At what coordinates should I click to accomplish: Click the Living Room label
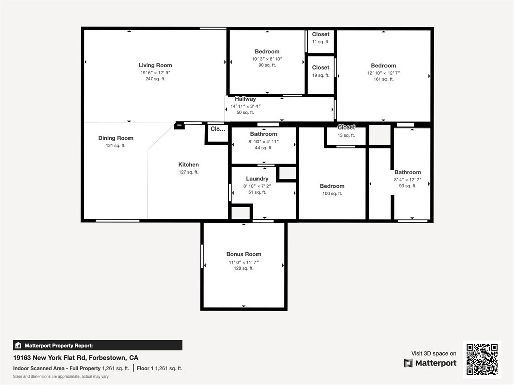coord(155,65)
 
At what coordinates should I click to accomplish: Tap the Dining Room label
coord(116,138)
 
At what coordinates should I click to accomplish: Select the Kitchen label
coord(189,164)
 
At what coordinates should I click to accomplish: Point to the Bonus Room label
coord(243,254)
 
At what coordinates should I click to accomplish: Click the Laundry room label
coord(257,178)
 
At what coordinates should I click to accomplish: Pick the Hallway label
coord(245,99)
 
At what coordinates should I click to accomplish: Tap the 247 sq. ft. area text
coord(155,79)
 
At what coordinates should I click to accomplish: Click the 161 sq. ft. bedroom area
coord(383,79)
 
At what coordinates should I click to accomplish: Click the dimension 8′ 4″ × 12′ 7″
coord(408,180)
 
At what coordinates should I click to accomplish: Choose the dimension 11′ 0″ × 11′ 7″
coord(243,262)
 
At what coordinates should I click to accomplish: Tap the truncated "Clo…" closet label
coord(218,129)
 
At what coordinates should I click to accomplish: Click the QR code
coord(482,359)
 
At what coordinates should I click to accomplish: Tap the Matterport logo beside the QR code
coord(430,363)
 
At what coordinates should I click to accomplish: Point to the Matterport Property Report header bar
coord(98,345)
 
